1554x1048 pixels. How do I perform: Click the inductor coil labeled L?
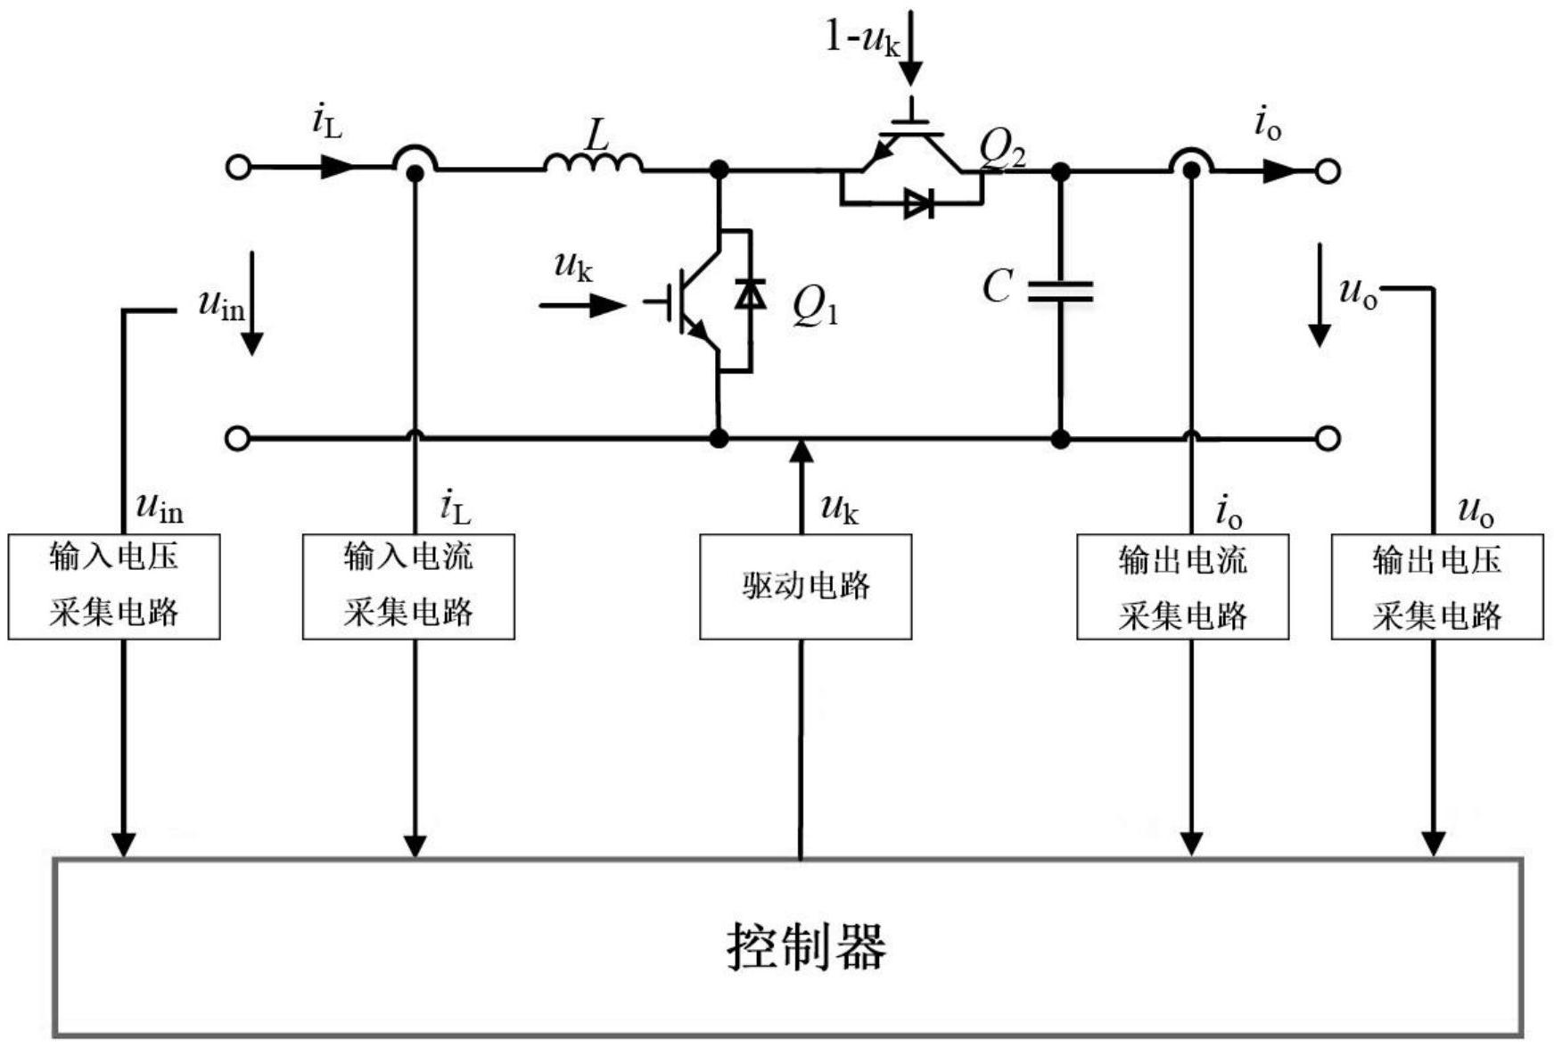(593, 162)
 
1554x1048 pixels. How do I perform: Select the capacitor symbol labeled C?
(1060, 291)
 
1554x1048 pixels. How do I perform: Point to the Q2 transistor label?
(1002, 152)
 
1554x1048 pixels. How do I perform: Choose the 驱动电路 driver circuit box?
(805, 587)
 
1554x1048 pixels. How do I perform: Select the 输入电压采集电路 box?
(114, 586)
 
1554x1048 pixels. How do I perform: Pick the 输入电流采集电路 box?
(408, 586)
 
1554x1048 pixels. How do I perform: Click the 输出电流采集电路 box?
(1182, 587)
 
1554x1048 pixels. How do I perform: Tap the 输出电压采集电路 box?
(1436, 587)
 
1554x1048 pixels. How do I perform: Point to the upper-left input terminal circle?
(238, 168)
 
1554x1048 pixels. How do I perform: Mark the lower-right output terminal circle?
(1328, 438)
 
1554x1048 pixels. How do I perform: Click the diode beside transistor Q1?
(750, 294)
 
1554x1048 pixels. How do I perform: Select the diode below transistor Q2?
(917, 203)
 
